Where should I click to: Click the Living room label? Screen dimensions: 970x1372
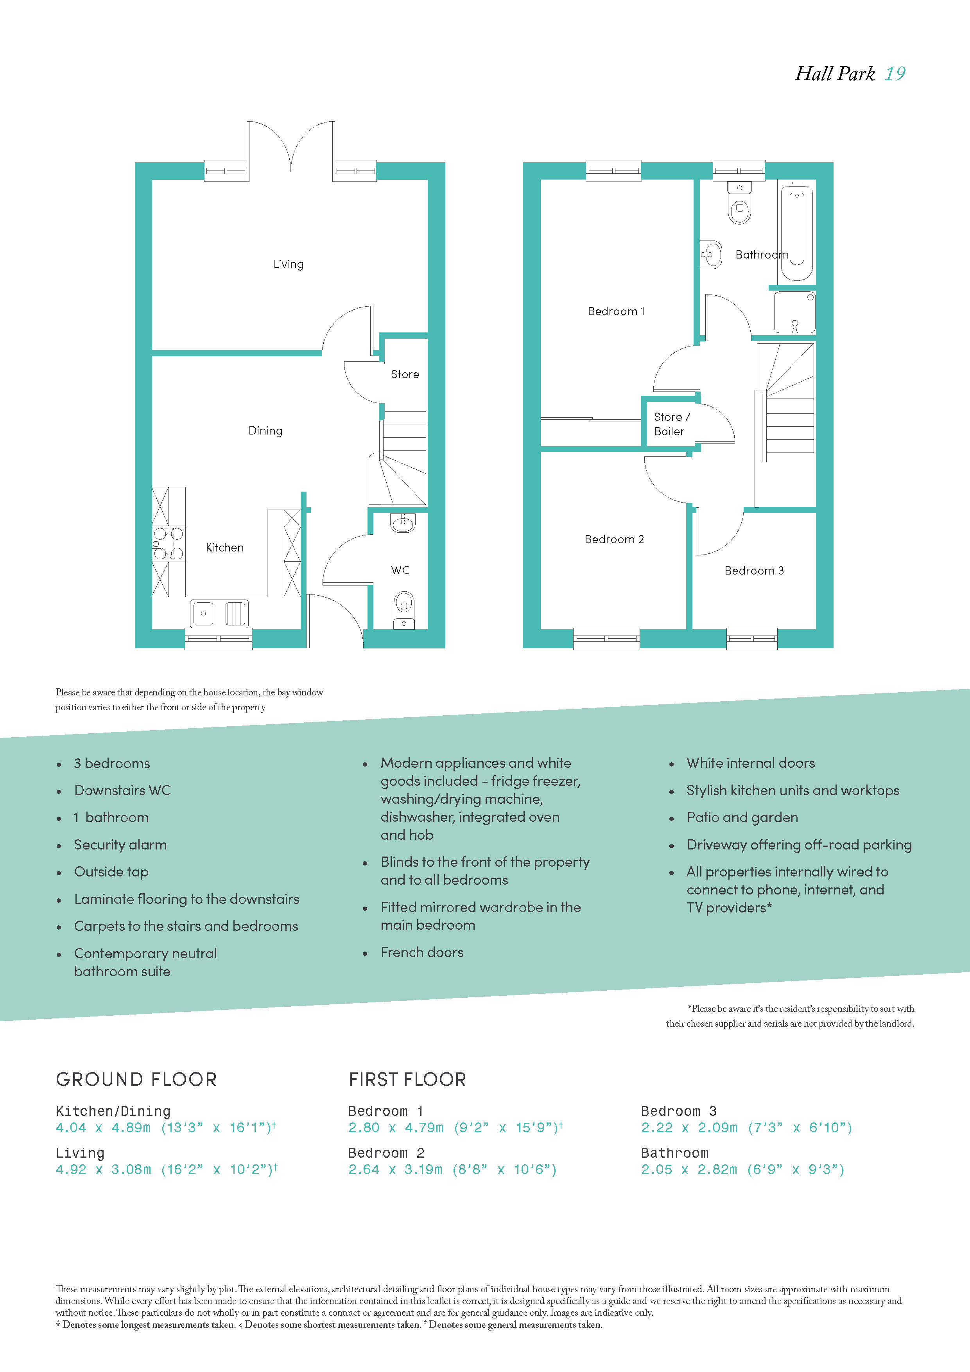[289, 264]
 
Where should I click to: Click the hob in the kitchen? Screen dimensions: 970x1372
[168, 544]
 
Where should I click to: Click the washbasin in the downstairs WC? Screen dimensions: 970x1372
[403, 523]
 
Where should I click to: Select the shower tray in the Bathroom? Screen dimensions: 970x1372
[794, 312]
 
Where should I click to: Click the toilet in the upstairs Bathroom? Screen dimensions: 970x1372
[739, 203]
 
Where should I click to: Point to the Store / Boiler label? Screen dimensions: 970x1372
[671, 424]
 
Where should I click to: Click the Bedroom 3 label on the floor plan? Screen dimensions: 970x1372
[754, 571]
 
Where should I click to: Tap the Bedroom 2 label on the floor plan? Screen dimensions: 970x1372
[614, 539]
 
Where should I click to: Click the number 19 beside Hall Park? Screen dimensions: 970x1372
[895, 74]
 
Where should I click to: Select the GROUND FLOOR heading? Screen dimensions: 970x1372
[136, 1079]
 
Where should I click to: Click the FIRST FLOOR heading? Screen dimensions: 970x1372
[407, 1079]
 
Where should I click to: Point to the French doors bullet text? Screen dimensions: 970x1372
[422, 952]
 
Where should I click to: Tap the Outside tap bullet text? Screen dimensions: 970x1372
[111, 872]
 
